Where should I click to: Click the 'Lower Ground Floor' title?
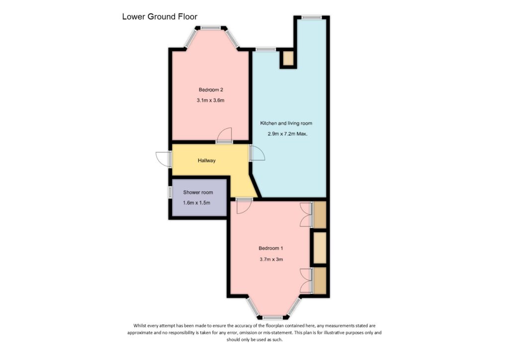click(x=160, y=17)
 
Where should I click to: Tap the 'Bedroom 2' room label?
click(x=211, y=90)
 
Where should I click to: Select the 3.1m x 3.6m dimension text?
click(x=211, y=100)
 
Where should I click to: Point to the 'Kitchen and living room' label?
click(x=286, y=123)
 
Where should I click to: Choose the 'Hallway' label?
click(x=207, y=161)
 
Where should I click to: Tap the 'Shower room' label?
click(x=198, y=192)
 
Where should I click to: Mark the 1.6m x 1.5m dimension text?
click(x=197, y=203)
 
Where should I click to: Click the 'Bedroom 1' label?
click(x=270, y=248)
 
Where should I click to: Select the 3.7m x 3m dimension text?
click(x=271, y=259)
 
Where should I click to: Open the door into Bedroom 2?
click(x=225, y=135)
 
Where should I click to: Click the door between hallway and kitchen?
click(x=257, y=153)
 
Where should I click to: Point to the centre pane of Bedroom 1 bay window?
click(x=273, y=317)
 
